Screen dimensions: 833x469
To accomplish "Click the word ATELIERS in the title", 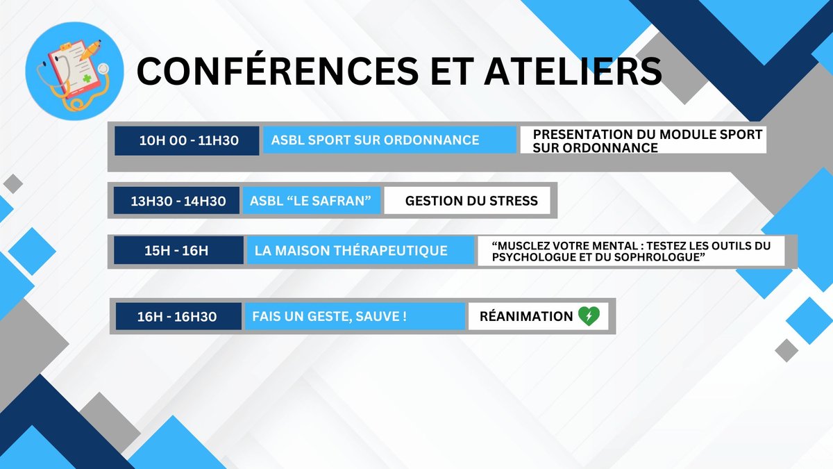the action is [573, 71].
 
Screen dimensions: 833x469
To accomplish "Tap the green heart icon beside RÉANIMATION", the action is [589, 316].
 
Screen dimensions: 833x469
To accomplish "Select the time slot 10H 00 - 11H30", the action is [189, 140].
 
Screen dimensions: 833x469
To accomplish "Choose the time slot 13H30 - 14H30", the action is [178, 201].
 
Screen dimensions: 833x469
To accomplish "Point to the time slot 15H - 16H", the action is [176, 251].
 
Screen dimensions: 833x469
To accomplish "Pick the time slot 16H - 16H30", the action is [177, 316].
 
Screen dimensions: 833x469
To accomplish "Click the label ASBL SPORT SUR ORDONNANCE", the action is [376, 140].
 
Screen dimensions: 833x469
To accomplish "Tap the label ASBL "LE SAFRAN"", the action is [310, 201].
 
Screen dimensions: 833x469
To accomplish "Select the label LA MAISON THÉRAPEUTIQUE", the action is [351, 250].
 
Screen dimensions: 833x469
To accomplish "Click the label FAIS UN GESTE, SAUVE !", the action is [330, 316].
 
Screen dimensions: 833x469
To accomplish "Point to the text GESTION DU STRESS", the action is [471, 201].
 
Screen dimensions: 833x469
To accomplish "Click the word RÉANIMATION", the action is [526, 316].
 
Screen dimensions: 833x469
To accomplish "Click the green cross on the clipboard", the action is [87, 79].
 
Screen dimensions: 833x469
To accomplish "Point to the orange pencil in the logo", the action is [90, 50].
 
